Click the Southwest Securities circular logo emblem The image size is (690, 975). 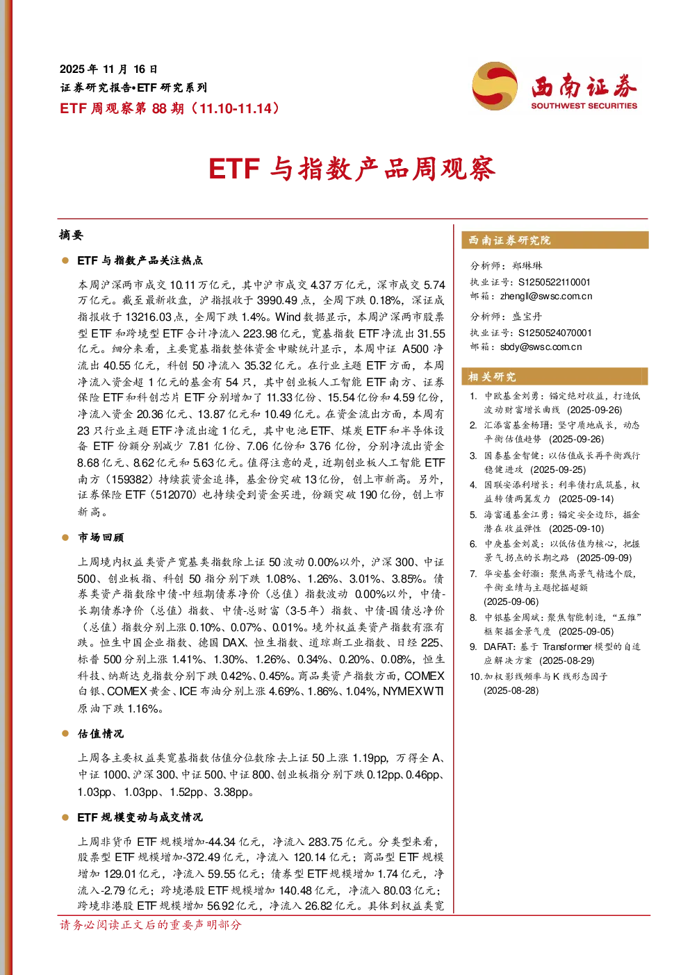495,85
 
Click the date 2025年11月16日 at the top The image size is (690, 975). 108,69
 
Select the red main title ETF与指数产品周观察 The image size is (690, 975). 352,169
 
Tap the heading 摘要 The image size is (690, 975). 71,235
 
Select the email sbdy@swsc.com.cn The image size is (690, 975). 541,347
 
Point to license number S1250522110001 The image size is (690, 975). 554,282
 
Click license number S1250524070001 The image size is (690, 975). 555,333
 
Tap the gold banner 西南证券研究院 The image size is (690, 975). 555,240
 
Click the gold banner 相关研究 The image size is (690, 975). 555,376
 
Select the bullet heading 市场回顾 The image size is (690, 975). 101,537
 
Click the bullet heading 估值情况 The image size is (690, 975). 101,734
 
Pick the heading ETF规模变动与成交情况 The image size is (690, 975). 140,817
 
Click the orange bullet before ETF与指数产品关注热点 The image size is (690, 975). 65,260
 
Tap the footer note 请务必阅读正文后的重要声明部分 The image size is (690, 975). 150,924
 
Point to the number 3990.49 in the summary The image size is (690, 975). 277,300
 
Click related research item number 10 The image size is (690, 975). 539,683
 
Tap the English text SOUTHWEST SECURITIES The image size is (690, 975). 584,106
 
